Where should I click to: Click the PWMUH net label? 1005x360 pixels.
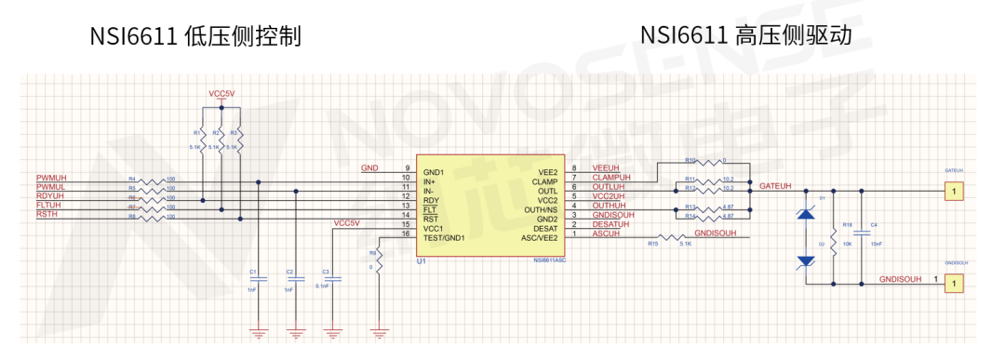(x=51, y=177)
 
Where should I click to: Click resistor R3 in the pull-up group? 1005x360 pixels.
(x=240, y=140)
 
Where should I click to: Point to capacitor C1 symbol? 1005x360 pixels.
(x=261, y=278)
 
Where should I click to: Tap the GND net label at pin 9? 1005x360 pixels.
(x=369, y=167)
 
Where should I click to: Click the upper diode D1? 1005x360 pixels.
(x=807, y=214)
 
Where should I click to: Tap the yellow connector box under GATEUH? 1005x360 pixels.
(x=953, y=193)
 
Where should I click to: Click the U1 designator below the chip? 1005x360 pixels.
(x=422, y=261)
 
